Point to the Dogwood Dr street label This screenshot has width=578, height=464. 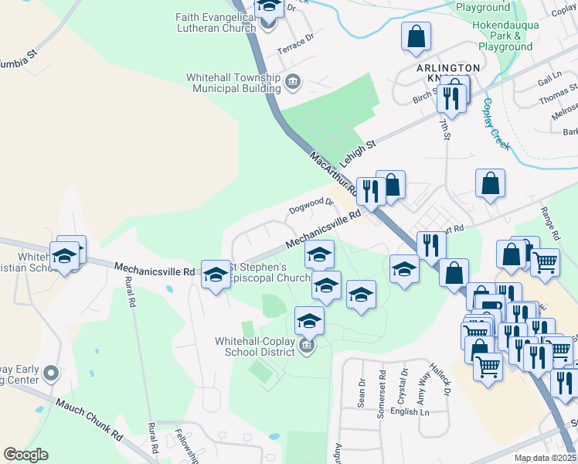coord(311,205)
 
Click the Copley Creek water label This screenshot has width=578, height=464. coord(492,124)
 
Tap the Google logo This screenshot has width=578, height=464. coord(25,455)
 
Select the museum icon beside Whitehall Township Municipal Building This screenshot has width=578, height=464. coord(293,80)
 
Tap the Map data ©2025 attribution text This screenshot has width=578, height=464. coord(545,458)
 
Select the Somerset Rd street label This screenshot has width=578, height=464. coord(381,394)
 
